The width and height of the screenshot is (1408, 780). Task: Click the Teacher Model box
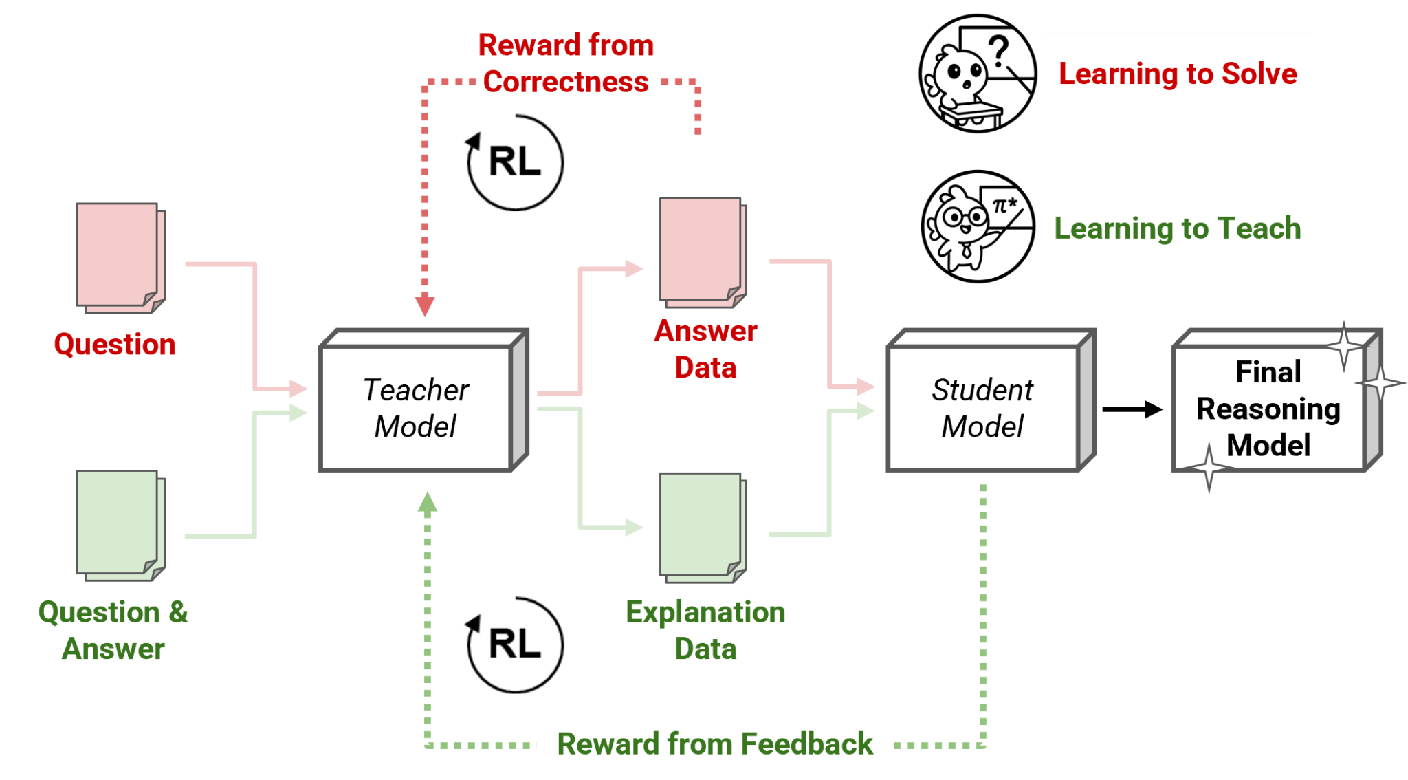(417, 407)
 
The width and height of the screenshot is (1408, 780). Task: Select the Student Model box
(983, 407)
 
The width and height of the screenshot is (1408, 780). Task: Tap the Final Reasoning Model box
(1269, 407)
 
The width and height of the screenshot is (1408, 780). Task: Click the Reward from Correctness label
(566, 63)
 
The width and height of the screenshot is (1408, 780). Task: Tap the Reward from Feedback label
(715, 744)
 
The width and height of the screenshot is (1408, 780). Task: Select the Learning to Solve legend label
(1178, 74)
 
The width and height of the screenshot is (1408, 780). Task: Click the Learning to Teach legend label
(1178, 228)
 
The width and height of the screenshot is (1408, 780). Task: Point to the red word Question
(115, 344)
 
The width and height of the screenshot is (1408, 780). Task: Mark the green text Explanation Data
(705, 630)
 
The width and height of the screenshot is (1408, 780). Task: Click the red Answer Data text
(706, 349)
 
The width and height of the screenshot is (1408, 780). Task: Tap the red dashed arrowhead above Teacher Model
(425, 305)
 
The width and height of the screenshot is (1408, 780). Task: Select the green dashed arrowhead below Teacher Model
(428, 503)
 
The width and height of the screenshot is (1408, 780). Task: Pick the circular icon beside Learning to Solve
(978, 74)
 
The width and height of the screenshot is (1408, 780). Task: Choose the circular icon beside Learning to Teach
(978, 227)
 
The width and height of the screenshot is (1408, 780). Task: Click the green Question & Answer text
(113, 630)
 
